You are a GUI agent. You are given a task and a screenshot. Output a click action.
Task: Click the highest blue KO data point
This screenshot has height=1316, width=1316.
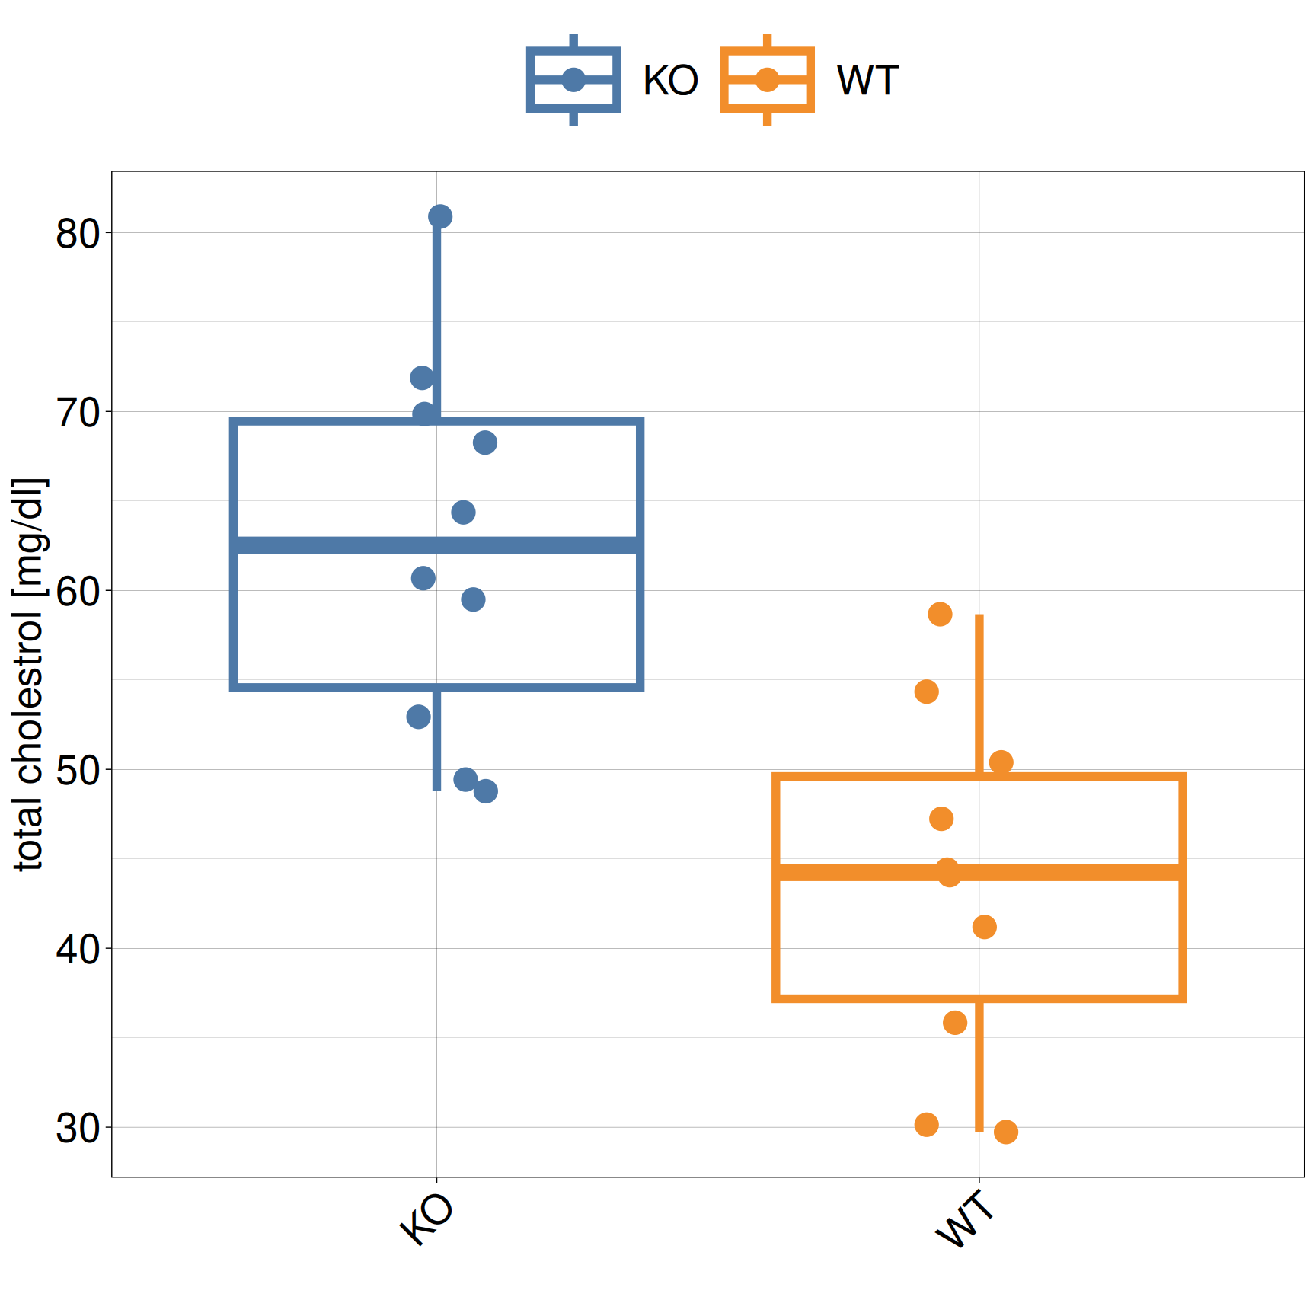(439, 217)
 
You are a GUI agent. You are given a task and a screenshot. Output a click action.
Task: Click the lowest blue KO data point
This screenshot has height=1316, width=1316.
(485, 791)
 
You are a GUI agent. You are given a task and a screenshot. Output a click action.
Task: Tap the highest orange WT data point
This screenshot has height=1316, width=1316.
(940, 615)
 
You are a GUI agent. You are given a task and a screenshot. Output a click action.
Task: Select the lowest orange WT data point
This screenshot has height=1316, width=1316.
(1005, 1132)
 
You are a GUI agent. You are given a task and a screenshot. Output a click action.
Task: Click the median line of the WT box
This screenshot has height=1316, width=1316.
(1066, 872)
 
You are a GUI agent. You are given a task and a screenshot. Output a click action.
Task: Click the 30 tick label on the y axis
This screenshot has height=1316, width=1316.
(78, 1128)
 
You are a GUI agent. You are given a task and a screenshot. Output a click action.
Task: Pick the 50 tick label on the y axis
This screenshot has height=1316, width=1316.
(78, 771)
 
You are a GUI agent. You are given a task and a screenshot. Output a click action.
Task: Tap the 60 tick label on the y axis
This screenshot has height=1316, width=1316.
(78, 592)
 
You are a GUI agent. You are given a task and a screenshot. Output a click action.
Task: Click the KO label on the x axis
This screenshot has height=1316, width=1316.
(427, 1219)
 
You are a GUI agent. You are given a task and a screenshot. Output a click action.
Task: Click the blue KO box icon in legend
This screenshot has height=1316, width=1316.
(573, 80)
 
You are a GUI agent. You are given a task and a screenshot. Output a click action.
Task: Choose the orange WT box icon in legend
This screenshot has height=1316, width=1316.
(767, 80)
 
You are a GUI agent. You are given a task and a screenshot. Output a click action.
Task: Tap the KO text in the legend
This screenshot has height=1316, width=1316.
(670, 81)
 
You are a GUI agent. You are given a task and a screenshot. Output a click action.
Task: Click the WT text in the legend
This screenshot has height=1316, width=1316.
(867, 81)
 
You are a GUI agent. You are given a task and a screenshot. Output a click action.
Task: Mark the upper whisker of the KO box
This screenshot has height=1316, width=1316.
(436, 320)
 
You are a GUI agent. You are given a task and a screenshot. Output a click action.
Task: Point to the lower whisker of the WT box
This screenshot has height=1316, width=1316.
(979, 1066)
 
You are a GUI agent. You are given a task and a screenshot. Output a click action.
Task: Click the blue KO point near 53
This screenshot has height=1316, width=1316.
(418, 717)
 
